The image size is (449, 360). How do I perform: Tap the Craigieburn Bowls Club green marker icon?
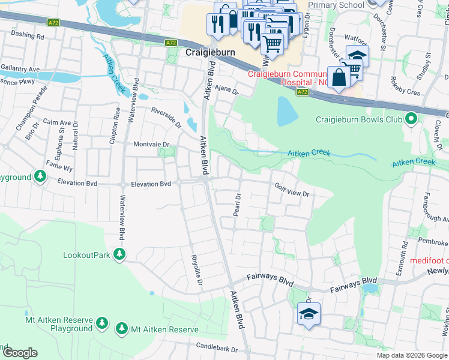411,119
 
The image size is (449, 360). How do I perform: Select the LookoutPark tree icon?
120,254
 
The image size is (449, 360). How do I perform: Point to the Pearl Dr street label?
238,205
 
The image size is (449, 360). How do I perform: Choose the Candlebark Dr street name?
220,347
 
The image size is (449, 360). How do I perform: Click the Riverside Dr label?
166,117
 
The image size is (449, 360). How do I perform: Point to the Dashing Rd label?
28,36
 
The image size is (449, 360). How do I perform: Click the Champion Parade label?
28,111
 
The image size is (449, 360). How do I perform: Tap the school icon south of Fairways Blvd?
309,314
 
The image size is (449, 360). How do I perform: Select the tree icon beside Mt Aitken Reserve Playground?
102,323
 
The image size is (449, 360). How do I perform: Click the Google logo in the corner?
20,353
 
